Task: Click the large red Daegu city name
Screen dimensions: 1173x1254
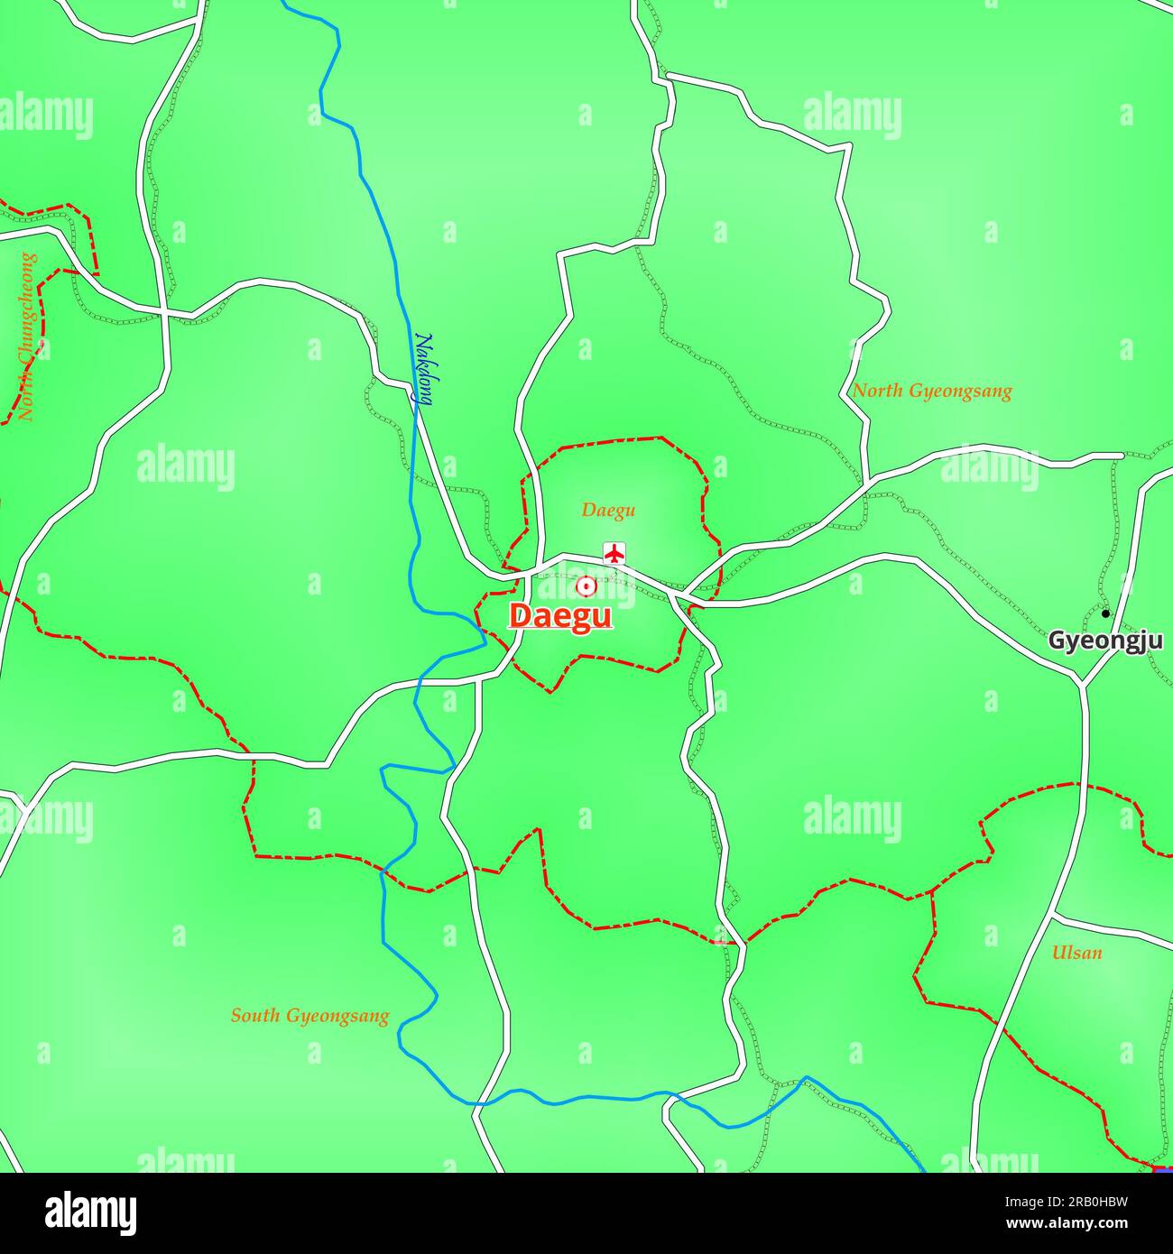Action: point(560,616)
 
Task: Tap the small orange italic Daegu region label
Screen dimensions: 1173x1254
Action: point(608,511)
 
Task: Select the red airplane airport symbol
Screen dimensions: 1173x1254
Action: point(614,553)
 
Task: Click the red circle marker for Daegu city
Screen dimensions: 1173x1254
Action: point(586,586)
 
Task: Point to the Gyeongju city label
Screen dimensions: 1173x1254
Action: point(1104,641)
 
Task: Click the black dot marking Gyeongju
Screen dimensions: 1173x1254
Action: point(1105,613)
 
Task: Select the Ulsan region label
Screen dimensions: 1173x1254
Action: point(1076,953)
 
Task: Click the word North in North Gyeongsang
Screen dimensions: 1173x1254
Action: point(876,392)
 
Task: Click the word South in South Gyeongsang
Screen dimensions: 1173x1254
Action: point(254,1016)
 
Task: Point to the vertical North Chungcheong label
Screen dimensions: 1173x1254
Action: point(28,337)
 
